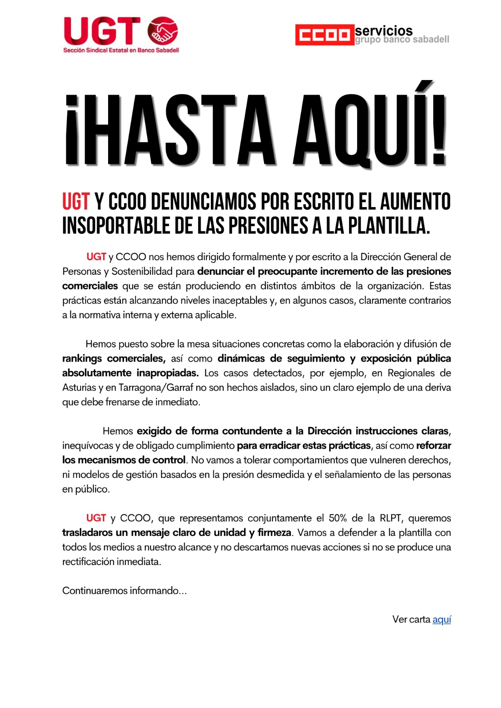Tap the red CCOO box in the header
click(x=325, y=35)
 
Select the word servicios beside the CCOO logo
click(x=384, y=31)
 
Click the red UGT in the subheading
click(x=76, y=202)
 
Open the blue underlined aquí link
click(x=442, y=619)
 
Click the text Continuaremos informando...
click(x=124, y=591)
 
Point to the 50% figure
click(x=338, y=518)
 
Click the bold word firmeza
click(x=274, y=533)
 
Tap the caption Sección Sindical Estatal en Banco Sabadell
click(x=121, y=50)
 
